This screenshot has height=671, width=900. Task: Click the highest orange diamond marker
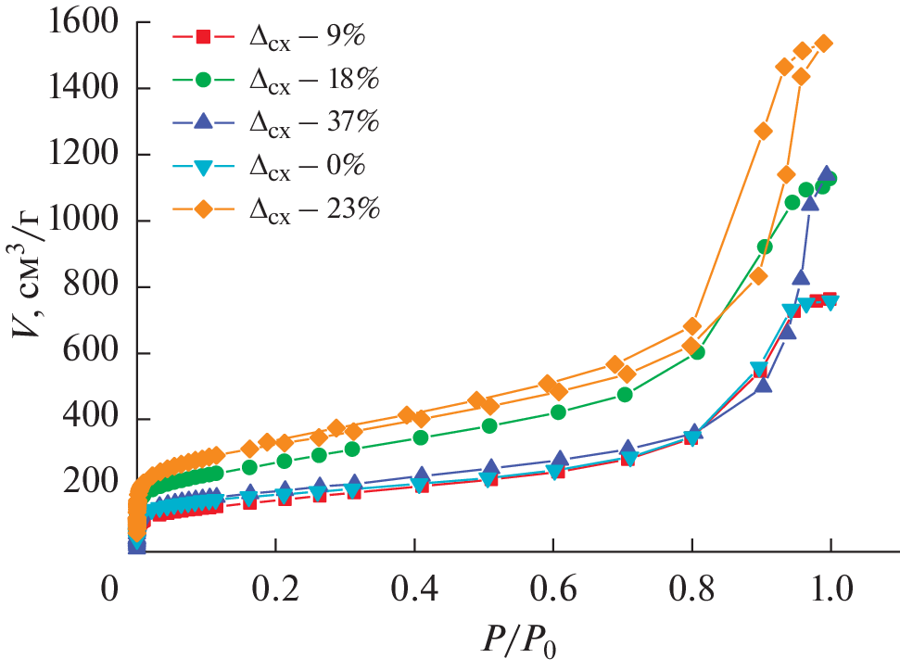[823, 44]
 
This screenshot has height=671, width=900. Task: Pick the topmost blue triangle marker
[826, 174]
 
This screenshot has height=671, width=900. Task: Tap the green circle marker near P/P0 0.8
[697, 352]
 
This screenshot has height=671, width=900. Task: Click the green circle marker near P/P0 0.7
[625, 395]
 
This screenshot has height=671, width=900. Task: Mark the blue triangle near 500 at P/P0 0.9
[763, 384]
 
